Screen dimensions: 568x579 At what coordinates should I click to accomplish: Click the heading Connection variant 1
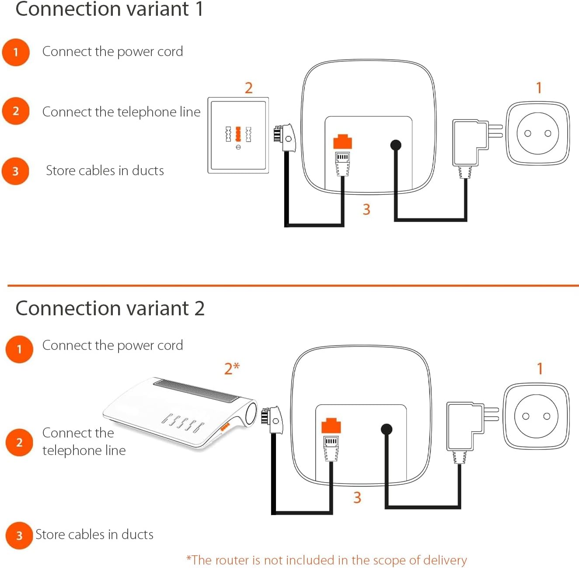click(x=109, y=9)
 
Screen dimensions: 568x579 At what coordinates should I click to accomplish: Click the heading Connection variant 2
click(x=110, y=308)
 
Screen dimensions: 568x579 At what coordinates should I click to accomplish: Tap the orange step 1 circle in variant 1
click(x=16, y=52)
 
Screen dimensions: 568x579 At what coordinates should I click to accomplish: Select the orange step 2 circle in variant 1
click(x=16, y=111)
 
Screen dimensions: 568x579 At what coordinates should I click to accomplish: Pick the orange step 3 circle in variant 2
click(x=19, y=535)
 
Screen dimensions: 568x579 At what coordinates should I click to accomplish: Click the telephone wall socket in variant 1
click(x=238, y=135)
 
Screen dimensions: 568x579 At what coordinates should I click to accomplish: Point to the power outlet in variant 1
click(x=537, y=134)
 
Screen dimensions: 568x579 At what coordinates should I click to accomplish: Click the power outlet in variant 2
click(x=536, y=416)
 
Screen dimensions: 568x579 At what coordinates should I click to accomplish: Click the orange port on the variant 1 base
click(x=342, y=142)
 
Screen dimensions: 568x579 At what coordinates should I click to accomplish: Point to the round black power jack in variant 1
click(x=395, y=145)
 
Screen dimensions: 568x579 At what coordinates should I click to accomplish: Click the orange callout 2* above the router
click(x=232, y=368)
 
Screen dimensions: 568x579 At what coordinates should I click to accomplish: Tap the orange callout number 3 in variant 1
click(x=366, y=209)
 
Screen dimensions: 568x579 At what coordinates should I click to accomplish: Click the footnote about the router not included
click(x=327, y=560)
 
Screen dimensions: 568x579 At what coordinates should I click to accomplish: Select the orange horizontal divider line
click(x=293, y=286)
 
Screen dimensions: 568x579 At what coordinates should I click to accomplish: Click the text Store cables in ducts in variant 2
click(x=94, y=535)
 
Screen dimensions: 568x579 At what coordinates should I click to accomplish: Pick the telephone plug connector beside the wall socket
click(x=285, y=138)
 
